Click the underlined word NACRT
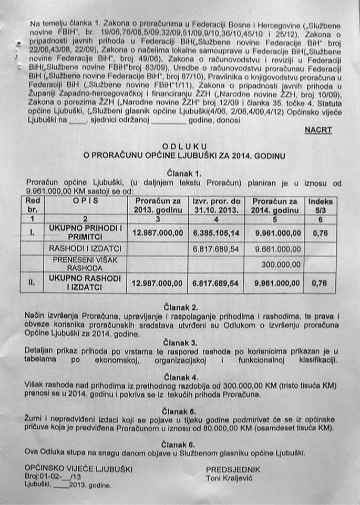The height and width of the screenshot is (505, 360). [318, 130]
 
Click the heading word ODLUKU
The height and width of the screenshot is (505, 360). [184, 146]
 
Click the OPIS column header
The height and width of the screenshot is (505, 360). [85, 201]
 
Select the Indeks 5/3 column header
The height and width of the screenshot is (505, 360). [320, 205]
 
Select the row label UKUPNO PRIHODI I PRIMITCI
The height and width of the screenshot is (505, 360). [85, 231]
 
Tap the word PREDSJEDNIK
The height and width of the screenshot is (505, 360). [233, 469]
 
